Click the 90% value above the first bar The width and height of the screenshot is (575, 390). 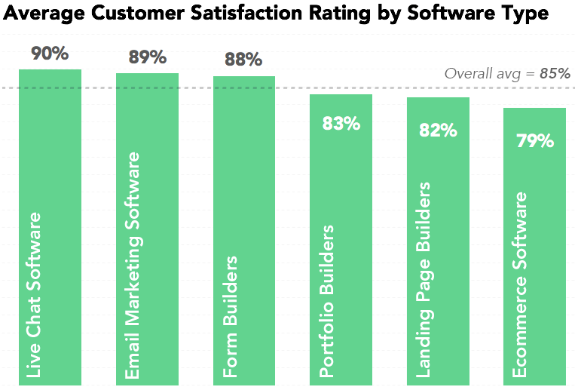click(x=50, y=54)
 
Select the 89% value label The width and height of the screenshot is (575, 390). click(x=147, y=57)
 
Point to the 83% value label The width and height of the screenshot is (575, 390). click(x=341, y=123)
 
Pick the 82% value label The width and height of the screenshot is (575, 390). click(x=438, y=130)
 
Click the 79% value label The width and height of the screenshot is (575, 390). click(x=534, y=140)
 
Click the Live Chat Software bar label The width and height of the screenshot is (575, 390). click(x=35, y=294)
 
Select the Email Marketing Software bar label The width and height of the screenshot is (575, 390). click(x=132, y=265)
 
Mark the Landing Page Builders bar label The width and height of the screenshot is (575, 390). click(x=424, y=279)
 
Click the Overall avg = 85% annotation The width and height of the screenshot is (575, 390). click(x=506, y=74)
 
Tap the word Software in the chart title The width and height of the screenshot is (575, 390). click(x=460, y=14)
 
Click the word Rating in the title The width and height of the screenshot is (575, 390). click(x=359, y=14)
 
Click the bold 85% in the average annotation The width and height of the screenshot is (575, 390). click(x=555, y=74)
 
